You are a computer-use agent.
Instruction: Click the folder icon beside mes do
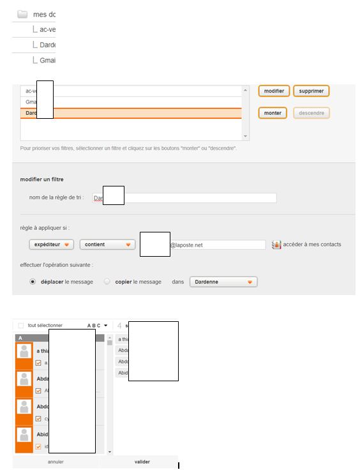coord(22,14)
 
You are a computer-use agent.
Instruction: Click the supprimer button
coord(311,91)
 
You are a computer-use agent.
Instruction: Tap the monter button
coord(273,113)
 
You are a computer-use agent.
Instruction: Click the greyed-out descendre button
coord(311,113)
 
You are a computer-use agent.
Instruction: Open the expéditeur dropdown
coord(51,245)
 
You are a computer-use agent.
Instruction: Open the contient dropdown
coord(107,245)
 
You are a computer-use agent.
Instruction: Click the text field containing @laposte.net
coord(217,245)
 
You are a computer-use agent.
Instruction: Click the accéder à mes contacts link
coord(312,245)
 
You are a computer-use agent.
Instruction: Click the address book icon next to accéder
coord(276,245)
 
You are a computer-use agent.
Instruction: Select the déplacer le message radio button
coord(33,282)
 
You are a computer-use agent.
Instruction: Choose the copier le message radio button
coord(107,282)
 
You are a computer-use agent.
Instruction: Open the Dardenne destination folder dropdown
coord(223,282)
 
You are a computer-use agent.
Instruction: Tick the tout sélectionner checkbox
coord(21,325)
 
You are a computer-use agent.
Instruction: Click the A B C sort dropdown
coord(97,325)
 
